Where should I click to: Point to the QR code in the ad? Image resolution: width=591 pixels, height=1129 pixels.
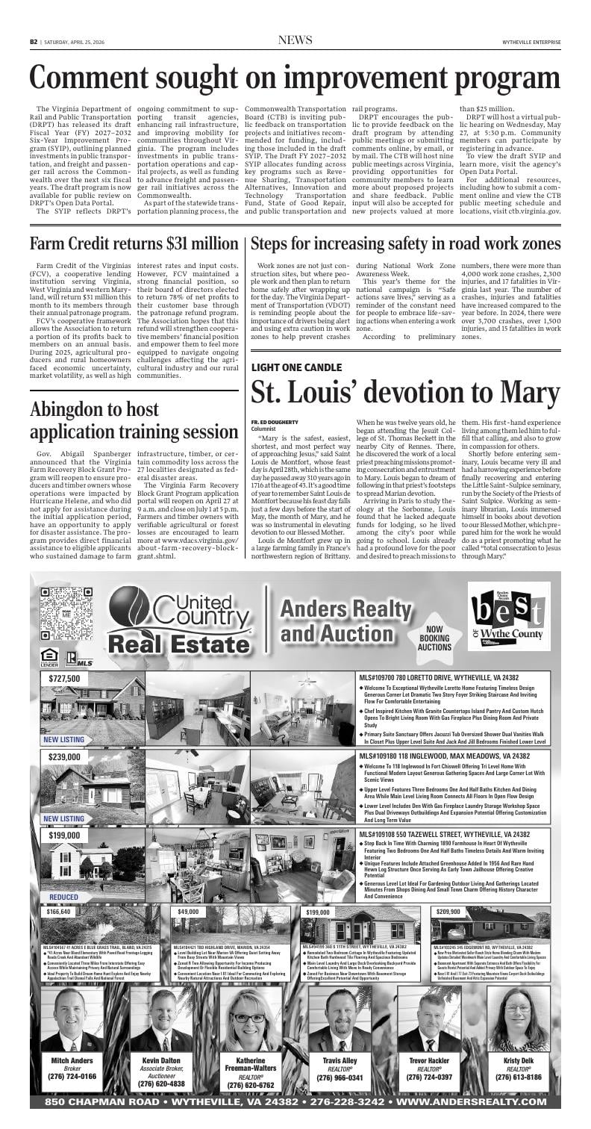tap(61, 615)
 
